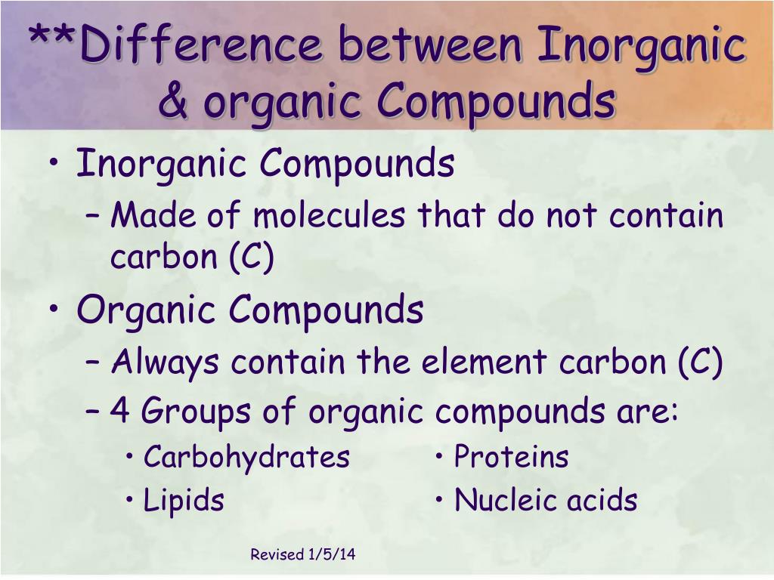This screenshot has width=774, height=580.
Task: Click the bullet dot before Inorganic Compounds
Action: [x=59, y=165]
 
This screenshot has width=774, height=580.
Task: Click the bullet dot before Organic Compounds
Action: [x=59, y=311]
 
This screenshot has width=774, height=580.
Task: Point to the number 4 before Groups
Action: [x=119, y=412]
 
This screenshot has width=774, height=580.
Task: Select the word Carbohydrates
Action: [x=246, y=457]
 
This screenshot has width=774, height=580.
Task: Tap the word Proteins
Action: [x=511, y=457]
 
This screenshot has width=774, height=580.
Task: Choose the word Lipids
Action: [x=184, y=501]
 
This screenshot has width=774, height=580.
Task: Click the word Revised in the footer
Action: [x=277, y=555]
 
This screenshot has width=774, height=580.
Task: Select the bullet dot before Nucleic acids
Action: [x=441, y=501]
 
